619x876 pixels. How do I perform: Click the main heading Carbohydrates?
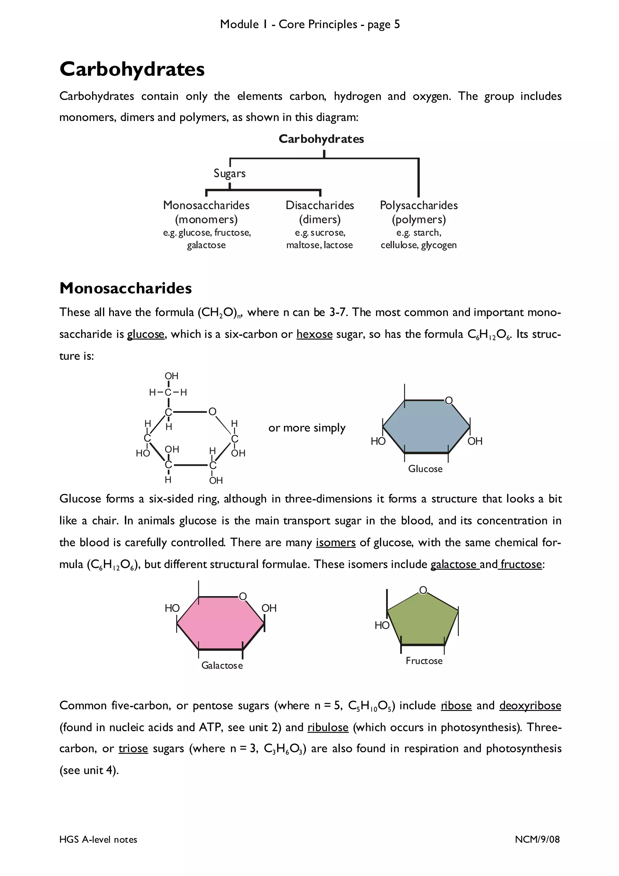(x=132, y=70)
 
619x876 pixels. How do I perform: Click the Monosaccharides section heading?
(x=125, y=288)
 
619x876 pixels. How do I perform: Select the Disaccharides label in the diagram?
(x=319, y=206)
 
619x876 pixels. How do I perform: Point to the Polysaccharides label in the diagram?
(x=418, y=206)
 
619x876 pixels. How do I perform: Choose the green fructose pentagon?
(x=423, y=622)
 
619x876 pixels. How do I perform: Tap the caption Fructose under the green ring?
(x=424, y=661)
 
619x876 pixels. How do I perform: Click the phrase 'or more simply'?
(x=307, y=428)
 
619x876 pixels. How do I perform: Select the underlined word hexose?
(x=314, y=335)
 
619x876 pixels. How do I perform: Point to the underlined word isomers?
(x=335, y=543)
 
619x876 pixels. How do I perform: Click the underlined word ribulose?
(x=328, y=728)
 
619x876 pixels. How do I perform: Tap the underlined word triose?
(x=133, y=748)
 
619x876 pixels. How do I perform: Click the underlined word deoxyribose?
(x=530, y=706)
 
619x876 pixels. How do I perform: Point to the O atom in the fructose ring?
(x=423, y=590)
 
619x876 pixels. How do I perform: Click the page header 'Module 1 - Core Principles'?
(x=288, y=24)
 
